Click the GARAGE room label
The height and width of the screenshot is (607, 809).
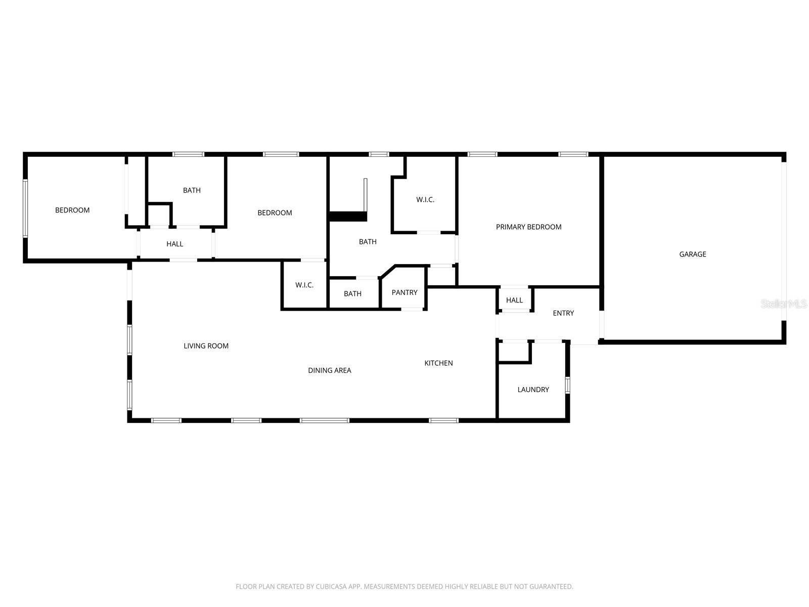click(692, 254)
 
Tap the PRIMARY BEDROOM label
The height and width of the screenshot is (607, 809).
click(528, 227)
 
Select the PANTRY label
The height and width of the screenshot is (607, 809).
click(404, 292)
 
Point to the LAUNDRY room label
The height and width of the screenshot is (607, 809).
click(532, 389)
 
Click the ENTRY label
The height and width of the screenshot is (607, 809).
click(563, 313)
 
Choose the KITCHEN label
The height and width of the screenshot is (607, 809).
click(438, 363)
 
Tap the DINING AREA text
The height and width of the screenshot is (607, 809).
click(329, 370)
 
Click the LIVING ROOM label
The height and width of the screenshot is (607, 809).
click(206, 345)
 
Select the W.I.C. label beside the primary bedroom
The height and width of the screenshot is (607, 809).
click(425, 199)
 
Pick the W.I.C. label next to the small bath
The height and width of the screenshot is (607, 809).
click(304, 285)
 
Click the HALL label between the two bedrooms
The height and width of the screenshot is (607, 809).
click(174, 244)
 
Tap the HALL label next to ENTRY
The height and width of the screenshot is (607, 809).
click(514, 300)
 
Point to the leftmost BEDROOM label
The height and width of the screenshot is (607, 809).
click(72, 210)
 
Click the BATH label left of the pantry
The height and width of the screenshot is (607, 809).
click(352, 294)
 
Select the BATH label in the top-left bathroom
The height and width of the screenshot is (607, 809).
click(192, 190)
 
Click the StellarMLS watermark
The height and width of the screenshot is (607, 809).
click(784, 303)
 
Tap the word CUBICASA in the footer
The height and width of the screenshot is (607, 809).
click(330, 586)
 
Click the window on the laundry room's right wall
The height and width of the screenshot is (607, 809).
click(567, 385)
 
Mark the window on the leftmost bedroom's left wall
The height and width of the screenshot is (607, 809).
click(25, 208)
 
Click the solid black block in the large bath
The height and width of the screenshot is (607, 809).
click(347, 216)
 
